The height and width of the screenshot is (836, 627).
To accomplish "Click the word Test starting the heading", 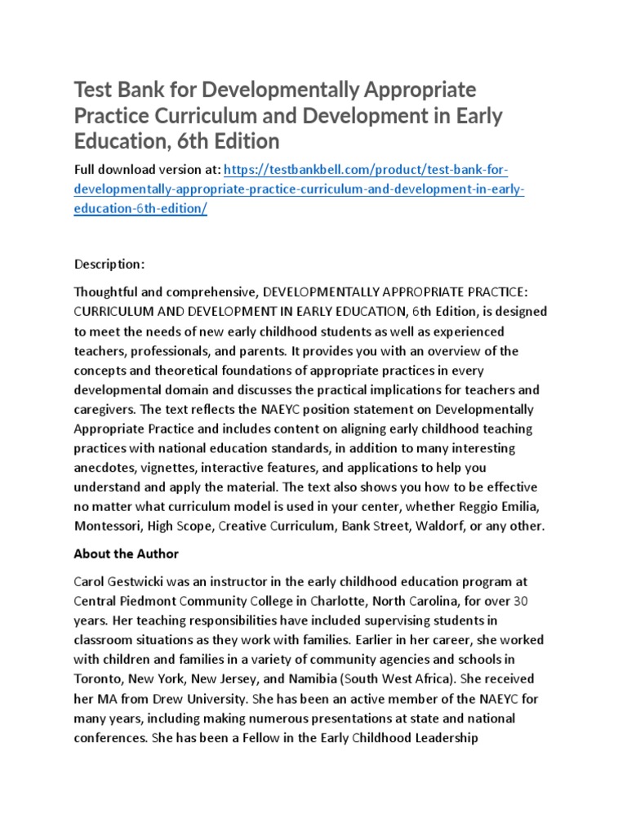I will tap(95, 88).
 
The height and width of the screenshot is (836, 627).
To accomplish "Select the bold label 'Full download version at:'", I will tap(146, 169).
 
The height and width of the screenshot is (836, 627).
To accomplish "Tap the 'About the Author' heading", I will tap(127, 554).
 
